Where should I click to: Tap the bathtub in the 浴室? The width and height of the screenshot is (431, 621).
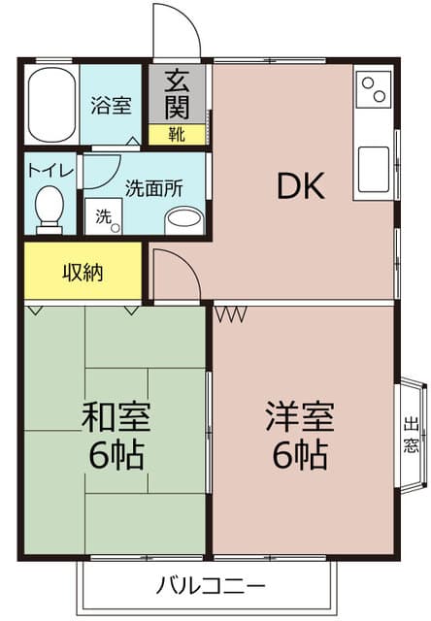(51, 105)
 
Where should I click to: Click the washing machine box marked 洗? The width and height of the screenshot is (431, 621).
(104, 216)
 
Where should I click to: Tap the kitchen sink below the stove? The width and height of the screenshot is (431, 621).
(373, 170)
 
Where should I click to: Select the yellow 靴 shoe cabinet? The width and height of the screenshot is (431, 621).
(177, 135)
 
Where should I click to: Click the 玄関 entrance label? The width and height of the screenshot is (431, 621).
(177, 94)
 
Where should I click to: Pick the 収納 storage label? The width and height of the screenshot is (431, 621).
(83, 272)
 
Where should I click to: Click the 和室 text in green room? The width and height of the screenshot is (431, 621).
(116, 416)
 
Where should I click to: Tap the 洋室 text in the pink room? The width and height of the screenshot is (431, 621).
(300, 416)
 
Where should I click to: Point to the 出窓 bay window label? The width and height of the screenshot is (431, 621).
(411, 435)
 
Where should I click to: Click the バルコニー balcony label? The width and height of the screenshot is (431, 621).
(211, 585)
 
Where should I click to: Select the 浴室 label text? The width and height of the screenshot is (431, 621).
(111, 105)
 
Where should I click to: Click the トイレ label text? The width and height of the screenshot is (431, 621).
(50, 171)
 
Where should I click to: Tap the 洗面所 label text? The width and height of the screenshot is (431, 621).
(154, 188)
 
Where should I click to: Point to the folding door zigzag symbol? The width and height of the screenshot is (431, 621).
(231, 313)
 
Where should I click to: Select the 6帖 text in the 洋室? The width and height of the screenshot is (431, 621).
(300, 454)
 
